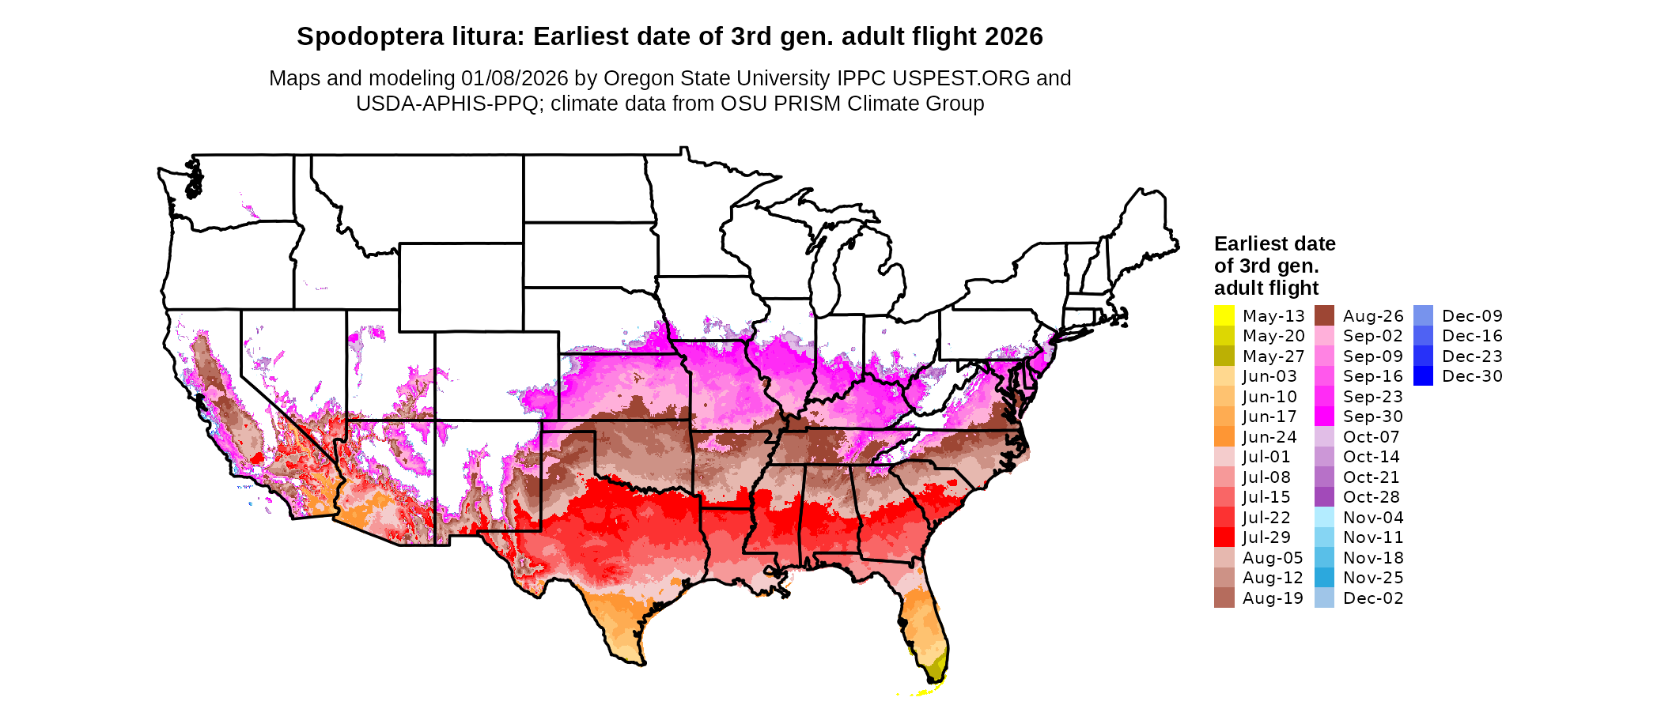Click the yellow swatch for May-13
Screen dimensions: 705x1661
1224,315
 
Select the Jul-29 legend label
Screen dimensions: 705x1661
1266,537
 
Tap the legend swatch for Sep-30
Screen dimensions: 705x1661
1324,417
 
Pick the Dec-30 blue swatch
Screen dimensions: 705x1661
1423,376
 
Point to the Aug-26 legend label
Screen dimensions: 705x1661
1373,316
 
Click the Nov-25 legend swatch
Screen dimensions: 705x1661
1324,578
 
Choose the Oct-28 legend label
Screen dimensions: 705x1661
1372,497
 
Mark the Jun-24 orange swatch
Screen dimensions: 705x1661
1224,437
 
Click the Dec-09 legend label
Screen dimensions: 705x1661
1472,316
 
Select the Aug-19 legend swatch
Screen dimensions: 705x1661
1224,598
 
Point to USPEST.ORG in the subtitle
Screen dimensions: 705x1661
961,78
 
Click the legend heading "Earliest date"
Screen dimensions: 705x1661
1274,243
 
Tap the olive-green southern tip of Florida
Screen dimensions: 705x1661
936,669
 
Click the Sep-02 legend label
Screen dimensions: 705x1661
1373,336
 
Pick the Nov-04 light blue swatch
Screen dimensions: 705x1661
1324,518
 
